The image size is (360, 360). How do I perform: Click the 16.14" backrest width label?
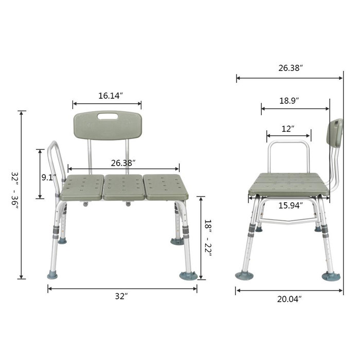tap(111, 96)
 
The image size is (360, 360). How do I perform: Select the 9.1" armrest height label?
tap(49, 177)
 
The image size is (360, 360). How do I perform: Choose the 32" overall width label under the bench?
tap(121, 296)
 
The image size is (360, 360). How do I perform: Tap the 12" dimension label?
tap(288, 128)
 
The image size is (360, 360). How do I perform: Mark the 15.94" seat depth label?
tap(291, 205)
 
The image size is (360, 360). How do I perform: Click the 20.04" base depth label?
tap(290, 299)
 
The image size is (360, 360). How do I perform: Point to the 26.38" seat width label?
tap(123, 163)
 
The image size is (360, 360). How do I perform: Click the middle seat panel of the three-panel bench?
tap(123, 188)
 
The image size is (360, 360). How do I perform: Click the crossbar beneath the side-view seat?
tap(287, 222)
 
